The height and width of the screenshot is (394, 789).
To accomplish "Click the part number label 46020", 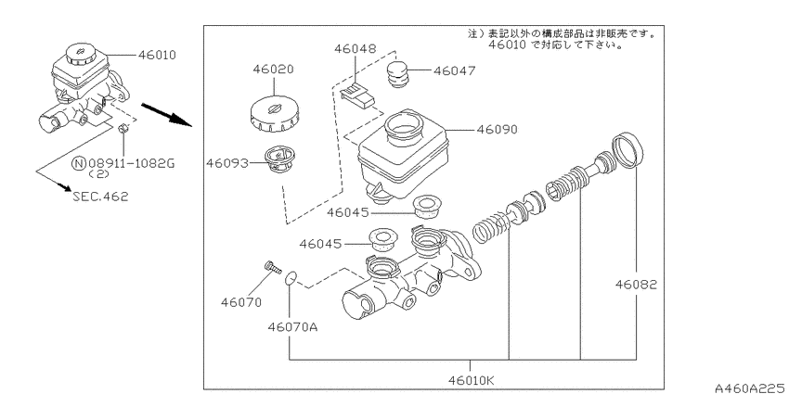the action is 273,69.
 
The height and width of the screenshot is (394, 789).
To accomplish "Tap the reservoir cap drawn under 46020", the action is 274,115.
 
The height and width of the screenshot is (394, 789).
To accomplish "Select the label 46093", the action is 226,163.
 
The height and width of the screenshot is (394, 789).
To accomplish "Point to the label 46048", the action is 356,49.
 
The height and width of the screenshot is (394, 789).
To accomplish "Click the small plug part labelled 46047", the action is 398,74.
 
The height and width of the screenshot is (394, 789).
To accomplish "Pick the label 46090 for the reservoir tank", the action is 497,129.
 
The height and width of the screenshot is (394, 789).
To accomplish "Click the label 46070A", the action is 292,327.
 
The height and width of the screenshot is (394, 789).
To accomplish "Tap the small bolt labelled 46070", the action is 272,267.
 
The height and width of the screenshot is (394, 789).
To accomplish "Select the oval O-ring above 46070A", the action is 291,278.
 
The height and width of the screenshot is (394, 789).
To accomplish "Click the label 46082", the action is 636,285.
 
